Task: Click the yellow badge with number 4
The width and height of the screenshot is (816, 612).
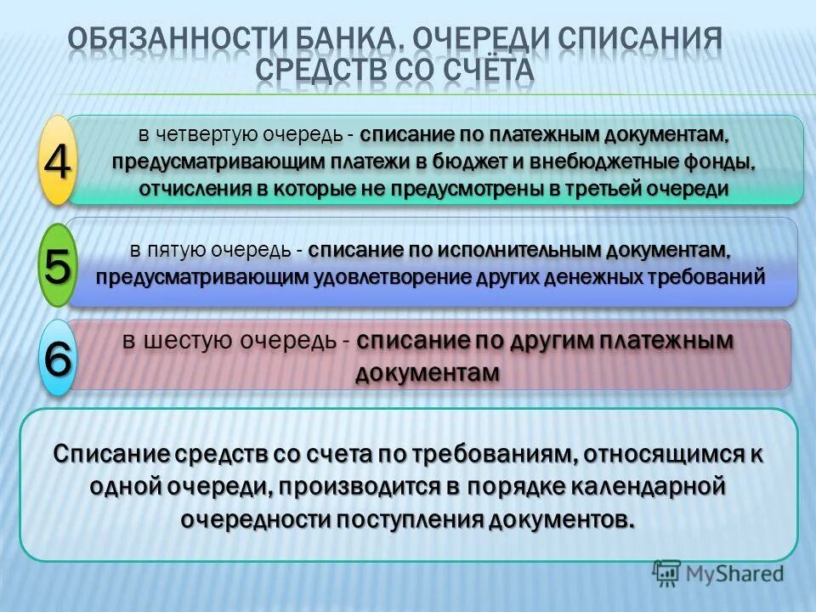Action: coord(57,161)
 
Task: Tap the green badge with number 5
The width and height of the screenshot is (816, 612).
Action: coord(57,266)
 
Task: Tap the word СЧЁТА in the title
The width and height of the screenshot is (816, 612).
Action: coord(487,71)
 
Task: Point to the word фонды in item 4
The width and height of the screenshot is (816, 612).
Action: coord(721,162)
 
